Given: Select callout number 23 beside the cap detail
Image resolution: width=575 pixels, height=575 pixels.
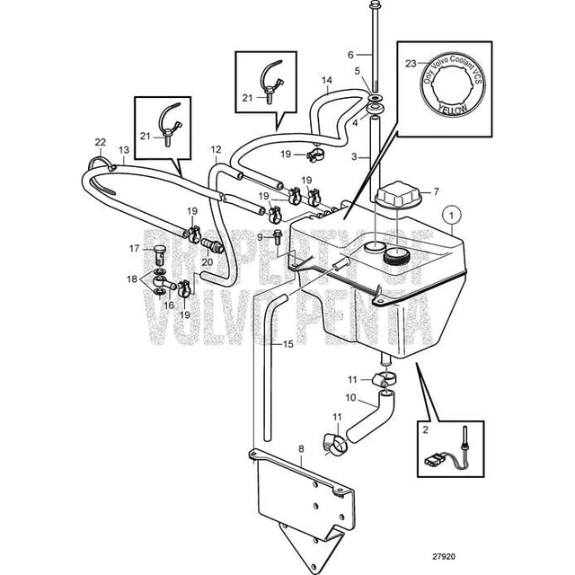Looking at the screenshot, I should (411, 65).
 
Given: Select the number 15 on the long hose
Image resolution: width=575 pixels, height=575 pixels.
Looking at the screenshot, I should (287, 344).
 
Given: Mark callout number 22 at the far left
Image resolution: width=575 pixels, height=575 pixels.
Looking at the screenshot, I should (101, 142).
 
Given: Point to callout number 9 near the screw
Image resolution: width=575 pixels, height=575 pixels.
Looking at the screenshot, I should (260, 237).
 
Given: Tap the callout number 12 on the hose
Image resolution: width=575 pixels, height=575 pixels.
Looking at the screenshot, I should (216, 149).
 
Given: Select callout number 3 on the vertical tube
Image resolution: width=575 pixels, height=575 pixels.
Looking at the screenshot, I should (354, 156).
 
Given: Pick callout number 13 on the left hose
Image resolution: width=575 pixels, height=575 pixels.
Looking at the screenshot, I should (123, 149).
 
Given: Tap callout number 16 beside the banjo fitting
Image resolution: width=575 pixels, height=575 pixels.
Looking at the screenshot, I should (167, 305).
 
